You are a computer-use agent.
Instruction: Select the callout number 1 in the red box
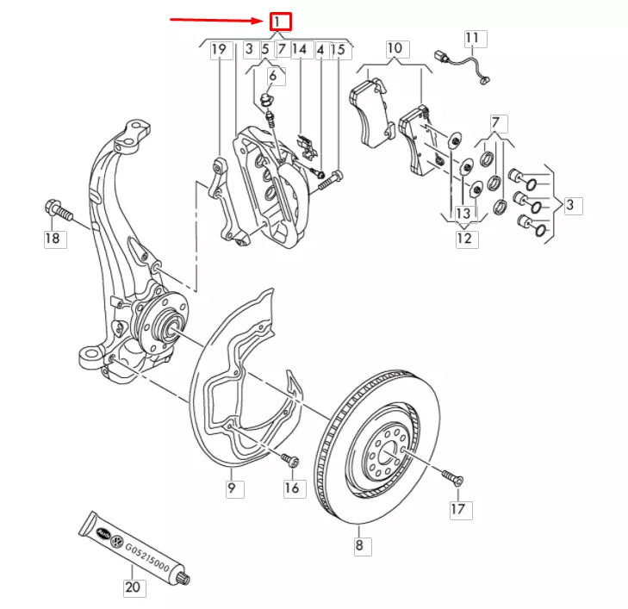pos(281,22)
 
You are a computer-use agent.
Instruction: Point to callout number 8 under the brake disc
pos(360,544)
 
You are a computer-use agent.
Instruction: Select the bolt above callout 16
pos(291,463)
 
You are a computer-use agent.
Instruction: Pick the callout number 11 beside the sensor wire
pos(475,38)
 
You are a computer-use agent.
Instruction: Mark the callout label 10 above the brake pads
pos(395,47)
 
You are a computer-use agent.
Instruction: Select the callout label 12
pos(465,238)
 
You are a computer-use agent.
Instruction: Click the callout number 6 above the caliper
pos(273,76)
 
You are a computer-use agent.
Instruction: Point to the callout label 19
pos(220,50)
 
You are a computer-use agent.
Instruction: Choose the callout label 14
pos(299,50)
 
